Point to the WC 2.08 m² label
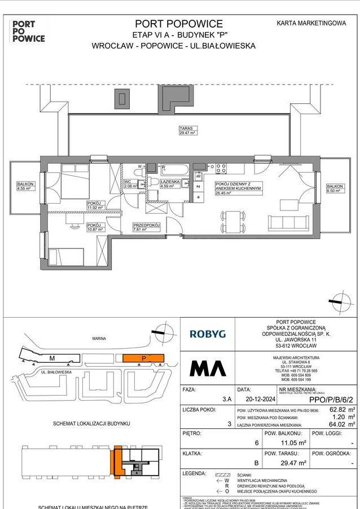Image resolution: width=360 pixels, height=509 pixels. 130,183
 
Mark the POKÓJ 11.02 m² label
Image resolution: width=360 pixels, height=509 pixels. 95,205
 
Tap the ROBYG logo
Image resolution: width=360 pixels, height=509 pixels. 207,334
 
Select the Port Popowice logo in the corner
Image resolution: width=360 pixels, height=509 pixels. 28,31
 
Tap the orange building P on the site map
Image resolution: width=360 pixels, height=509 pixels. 143,358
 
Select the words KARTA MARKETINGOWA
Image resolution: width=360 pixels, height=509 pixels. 311,23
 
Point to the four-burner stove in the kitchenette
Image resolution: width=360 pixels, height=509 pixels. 221,168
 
